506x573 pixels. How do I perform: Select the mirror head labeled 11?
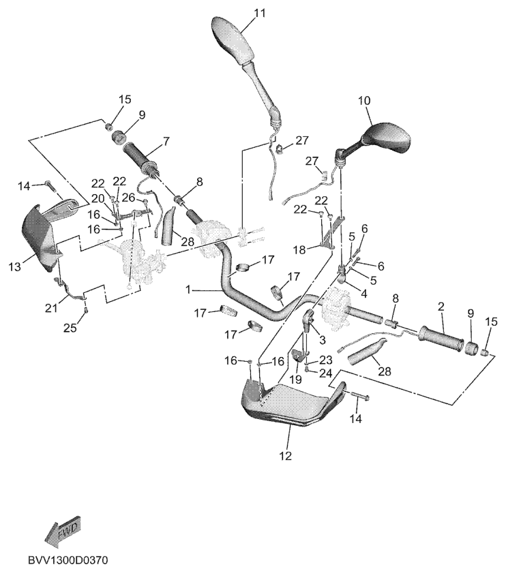pyautogui.click(x=231, y=40)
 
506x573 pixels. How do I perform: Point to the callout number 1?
pyautogui.click(x=190, y=289)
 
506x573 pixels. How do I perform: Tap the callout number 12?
pyautogui.click(x=285, y=455)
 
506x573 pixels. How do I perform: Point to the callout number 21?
pyautogui.click(x=52, y=309)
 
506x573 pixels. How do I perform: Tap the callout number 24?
pyautogui.click(x=325, y=373)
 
